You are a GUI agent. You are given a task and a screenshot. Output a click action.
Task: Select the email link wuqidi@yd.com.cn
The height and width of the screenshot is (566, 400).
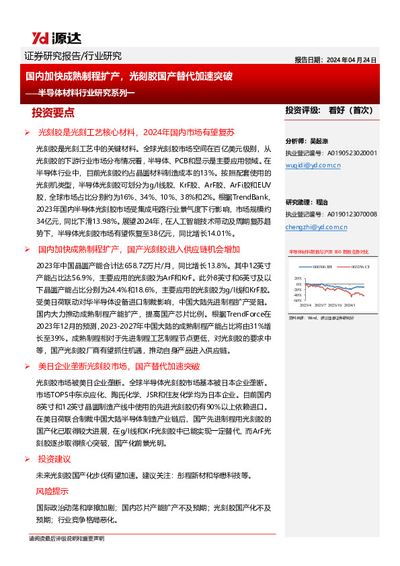(314, 163)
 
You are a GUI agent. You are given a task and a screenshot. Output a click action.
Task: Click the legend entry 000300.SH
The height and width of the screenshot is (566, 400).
(323, 266)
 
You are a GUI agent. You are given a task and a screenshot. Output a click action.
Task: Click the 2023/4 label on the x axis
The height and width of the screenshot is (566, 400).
(306, 305)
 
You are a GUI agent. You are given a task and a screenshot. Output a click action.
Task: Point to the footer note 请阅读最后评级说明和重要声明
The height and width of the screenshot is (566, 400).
(67, 538)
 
